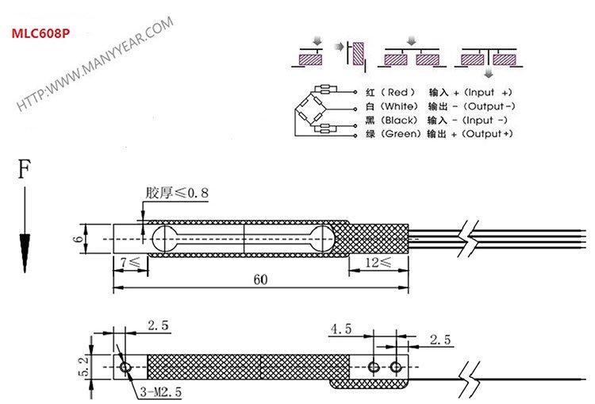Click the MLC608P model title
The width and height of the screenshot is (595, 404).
click(x=39, y=36)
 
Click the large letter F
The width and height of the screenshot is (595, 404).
click(x=25, y=171)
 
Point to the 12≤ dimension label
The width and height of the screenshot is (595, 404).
click(x=379, y=261)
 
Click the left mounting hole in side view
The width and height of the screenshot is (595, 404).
click(x=125, y=367)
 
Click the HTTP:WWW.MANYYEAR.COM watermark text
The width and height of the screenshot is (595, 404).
click(x=95, y=63)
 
